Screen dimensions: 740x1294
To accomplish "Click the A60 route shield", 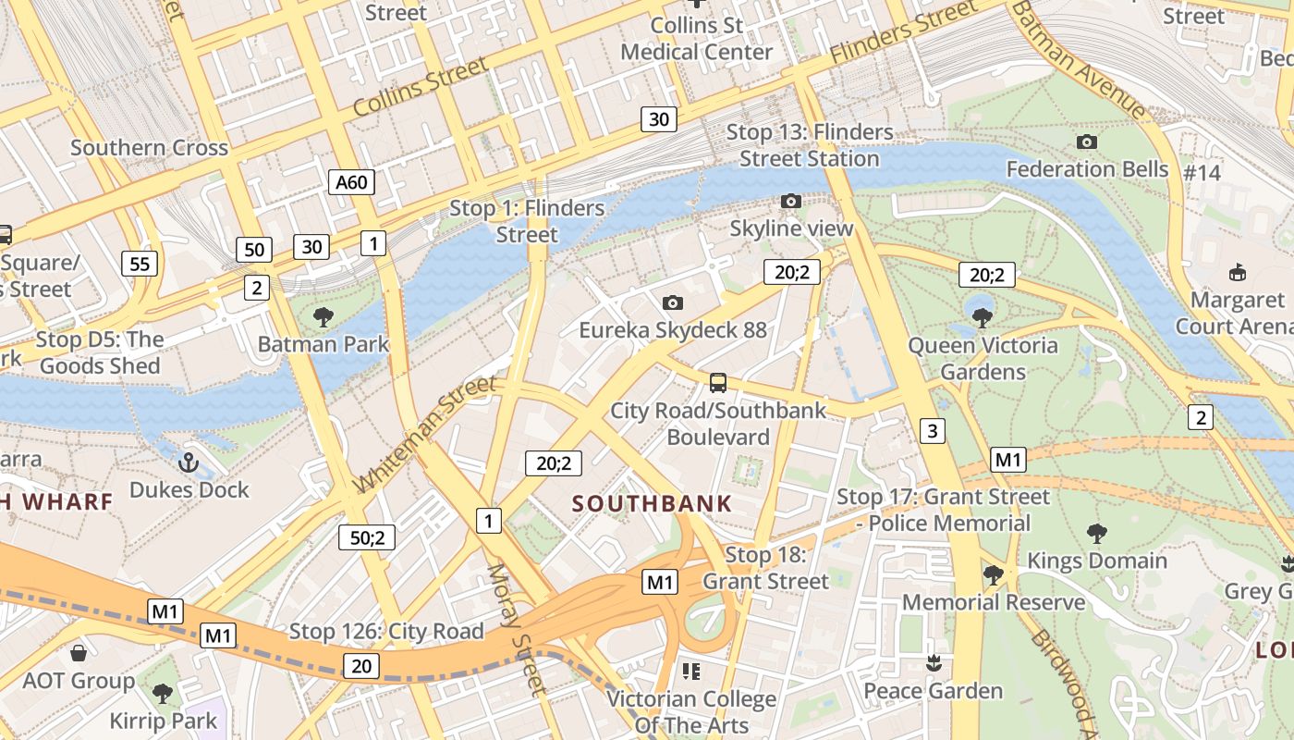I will click(351, 182).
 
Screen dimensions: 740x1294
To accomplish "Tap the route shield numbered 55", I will click(140, 265).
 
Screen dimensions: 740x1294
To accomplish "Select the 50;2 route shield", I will click(367, 537).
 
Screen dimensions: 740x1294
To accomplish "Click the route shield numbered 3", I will click(933, 430).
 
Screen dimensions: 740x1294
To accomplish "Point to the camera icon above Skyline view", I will click(790, 201).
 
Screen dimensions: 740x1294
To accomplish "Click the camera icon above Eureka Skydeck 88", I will click(673, 302).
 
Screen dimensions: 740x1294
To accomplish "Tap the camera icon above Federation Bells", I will click(1087, 142).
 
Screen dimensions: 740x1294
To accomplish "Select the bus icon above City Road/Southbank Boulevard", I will click(717, 382).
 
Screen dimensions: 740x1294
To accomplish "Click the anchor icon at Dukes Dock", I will click(189, 462).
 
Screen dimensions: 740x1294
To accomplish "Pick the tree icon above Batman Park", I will click(323, 317).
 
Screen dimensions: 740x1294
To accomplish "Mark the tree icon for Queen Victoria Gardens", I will click(982, 318).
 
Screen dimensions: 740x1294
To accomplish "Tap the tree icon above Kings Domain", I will click(1097, 533).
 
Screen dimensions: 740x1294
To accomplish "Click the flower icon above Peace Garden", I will click(933, 663).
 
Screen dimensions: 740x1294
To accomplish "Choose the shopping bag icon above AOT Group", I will click(79, 653).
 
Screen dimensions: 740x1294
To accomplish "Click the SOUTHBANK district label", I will click(652, 504).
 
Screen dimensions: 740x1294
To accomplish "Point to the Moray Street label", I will click(516, 629).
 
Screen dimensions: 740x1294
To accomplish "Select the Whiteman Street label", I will click(424, 435).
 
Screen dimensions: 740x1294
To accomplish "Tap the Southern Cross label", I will click(149, 148).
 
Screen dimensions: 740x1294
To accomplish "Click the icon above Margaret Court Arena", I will click(1237, 272).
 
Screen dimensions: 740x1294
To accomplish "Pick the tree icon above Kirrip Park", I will click(163, 693).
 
